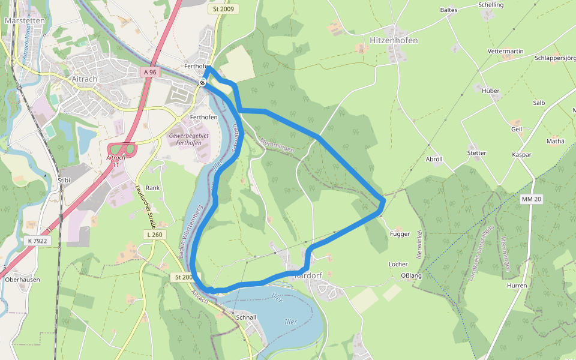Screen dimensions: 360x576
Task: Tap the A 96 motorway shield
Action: [150, 72]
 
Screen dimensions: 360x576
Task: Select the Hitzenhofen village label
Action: [394, 40]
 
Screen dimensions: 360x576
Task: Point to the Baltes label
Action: [448, 10]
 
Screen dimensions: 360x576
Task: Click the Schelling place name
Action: [491, 5]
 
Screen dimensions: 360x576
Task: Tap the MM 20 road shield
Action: [531, 199]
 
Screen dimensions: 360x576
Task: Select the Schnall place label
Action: [246, 317]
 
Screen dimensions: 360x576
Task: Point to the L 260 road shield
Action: [154, 235]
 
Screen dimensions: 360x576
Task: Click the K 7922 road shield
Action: [37, 241]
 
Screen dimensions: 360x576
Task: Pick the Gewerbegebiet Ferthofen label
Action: [193, 140]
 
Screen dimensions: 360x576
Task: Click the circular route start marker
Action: [203, 83]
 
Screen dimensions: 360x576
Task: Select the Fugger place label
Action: [400, 234]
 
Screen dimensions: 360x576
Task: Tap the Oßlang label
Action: [411, 275]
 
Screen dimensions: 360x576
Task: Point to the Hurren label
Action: [516, 286]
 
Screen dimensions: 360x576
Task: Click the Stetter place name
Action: [476, 153]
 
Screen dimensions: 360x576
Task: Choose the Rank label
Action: [152, 188]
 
